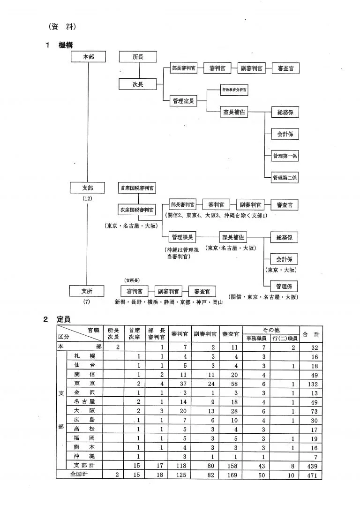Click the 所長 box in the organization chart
point(138,57)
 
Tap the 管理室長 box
point(183,100)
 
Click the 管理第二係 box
point(285,178)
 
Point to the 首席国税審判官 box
point(137,188)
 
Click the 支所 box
point(87,291)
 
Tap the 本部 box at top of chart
point(88,57)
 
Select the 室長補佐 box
point(234,112)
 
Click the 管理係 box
point(285,286)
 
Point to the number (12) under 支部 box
point(87,198)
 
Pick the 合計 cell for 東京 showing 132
point(311,383)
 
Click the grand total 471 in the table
point(311,475)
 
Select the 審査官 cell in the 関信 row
point(231,374)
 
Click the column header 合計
point(311,334)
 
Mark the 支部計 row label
point(84,466)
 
